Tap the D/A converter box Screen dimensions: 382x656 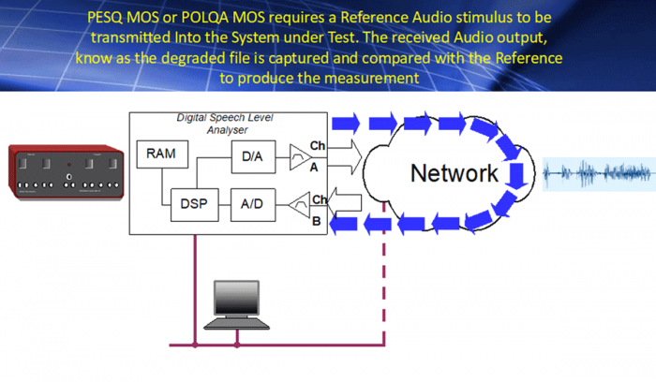(252, 156)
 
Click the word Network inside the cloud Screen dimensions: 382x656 (455, 173)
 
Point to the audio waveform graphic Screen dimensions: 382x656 (596, 173)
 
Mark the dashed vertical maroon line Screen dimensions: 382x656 (382, 290)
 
